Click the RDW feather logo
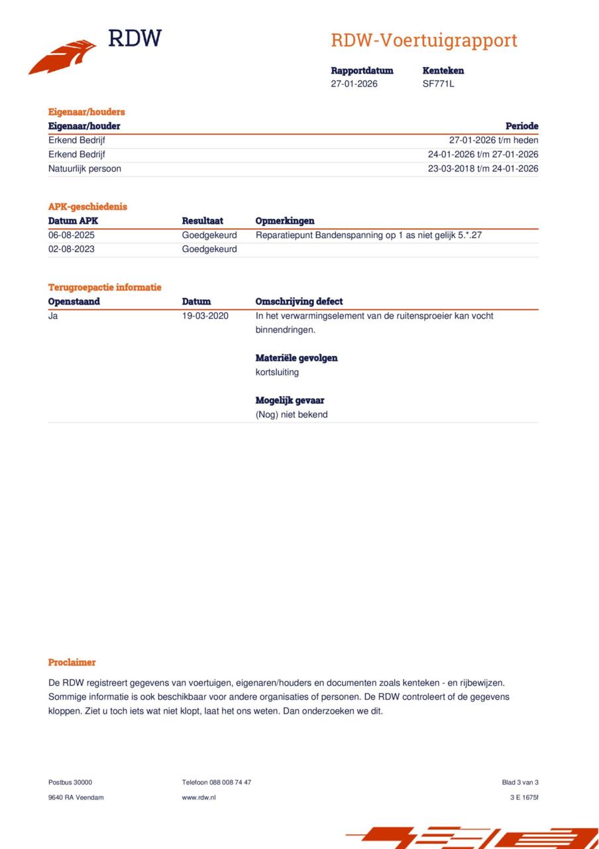tap(63, 57)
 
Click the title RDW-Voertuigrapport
tap(423, 40)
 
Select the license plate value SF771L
tap(438, 84)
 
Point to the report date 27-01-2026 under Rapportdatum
tap(354, 84)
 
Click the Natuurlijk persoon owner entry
tap(85, 168)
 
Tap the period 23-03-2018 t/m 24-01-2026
tap(482, 168)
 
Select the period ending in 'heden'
tap(493, 140)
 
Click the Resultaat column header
tap(202, 221)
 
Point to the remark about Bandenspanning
tap(368, 235)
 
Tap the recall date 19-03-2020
tap(205, 316)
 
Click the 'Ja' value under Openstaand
tap(53, 316)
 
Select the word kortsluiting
tap(277, 372)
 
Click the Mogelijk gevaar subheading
tap(290, 401)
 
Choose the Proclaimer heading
tap(72, 662)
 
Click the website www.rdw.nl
tap(199, 797)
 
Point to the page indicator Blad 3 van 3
tap(519, 782)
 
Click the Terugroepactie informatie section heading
tap(105, 287)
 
